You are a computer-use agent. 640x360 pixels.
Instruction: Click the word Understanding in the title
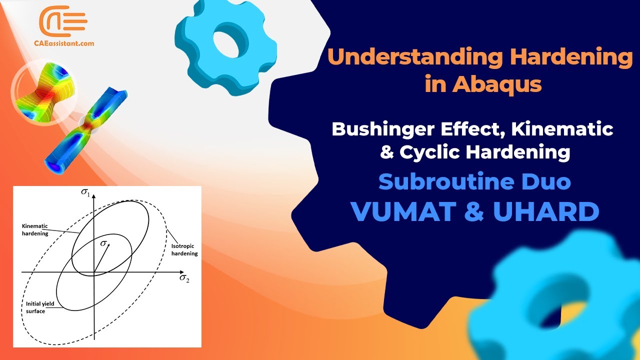pos(414,57)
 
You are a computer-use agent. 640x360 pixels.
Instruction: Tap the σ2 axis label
pos(184,278)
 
